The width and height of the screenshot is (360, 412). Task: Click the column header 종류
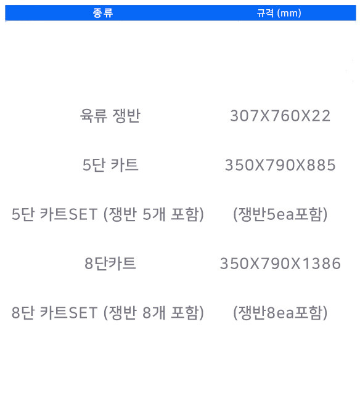tap(103, 13)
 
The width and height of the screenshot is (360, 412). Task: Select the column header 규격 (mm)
tap(279, 13)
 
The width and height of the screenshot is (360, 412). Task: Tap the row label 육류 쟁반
tap(110, 116)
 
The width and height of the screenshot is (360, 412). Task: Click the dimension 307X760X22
tap(280, 116)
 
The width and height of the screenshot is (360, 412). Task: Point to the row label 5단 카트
tap(110, 165)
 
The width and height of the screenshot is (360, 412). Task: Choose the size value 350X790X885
tap(280, 165)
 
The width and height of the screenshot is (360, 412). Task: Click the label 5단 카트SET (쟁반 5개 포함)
tap(108, 214)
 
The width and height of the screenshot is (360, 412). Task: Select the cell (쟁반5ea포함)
tap(280, 214)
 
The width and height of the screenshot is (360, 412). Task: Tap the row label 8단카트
tap(110, 264)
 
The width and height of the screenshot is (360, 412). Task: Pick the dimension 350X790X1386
tap(280, 264)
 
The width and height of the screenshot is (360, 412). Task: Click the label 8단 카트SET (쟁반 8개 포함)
tap(108, 313)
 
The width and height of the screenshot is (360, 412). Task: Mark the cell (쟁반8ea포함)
tap(280, 313)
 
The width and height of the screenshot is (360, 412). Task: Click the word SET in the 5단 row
tap(83, 214)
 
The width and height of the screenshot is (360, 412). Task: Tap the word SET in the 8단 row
tap(83, 313)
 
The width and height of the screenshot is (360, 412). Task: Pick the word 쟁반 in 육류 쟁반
tap(126, 116)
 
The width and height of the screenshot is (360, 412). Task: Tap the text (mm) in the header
tap(290, 13)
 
